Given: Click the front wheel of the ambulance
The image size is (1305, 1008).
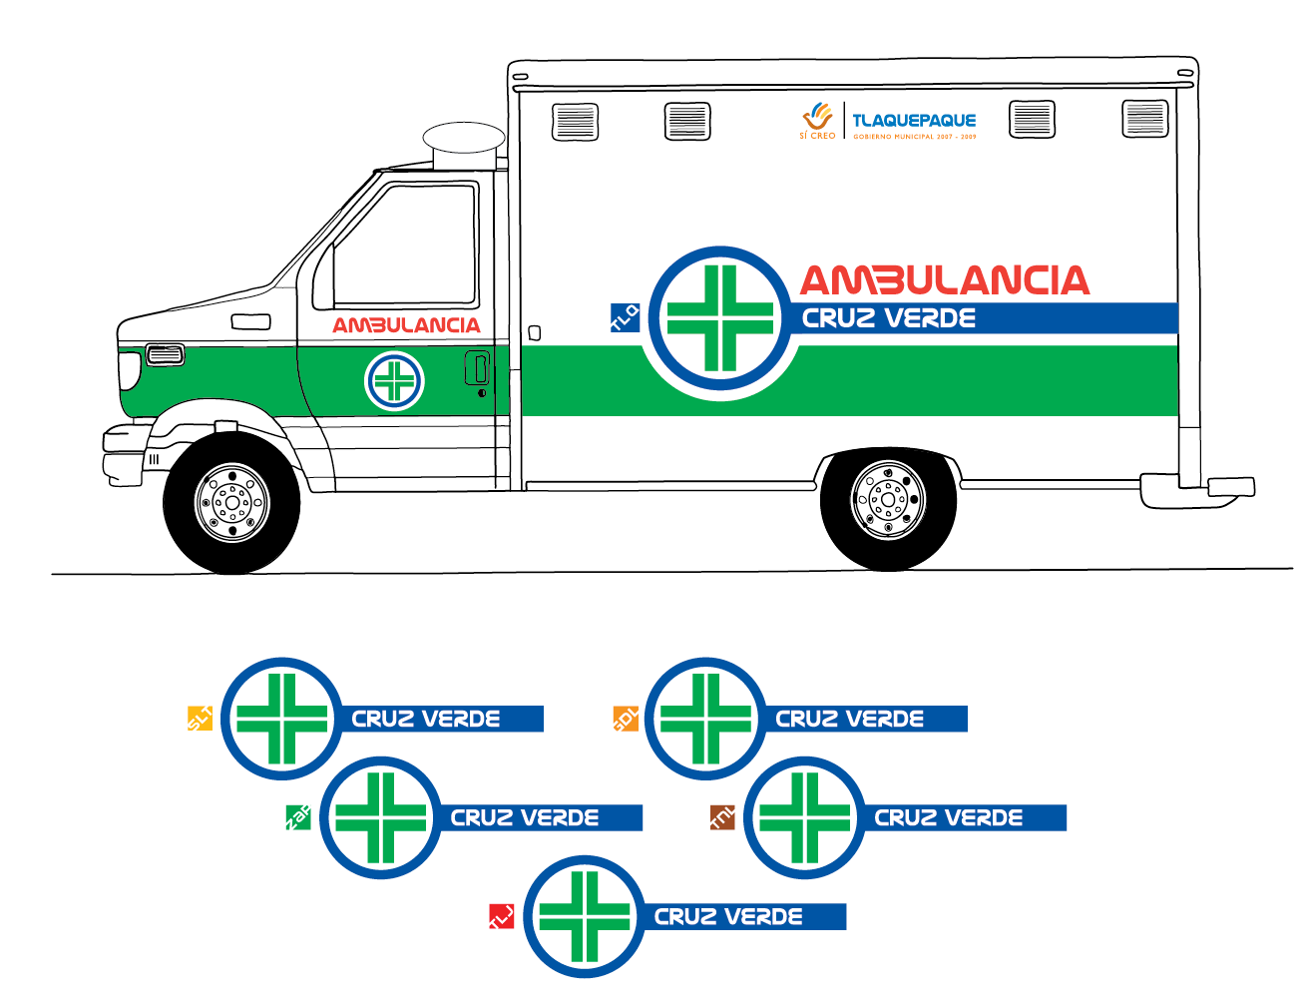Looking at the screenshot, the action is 232,503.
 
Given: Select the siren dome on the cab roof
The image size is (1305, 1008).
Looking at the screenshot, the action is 464,141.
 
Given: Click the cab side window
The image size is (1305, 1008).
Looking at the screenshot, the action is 404,246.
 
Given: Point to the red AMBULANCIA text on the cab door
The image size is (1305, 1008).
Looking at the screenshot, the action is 406,325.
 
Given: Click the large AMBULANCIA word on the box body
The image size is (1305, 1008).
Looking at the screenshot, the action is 944,280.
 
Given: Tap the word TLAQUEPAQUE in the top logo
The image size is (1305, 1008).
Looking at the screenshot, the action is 914,121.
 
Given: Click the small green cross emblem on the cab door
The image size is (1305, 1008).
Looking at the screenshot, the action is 395,380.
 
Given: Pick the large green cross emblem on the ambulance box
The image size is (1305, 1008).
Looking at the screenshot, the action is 720,318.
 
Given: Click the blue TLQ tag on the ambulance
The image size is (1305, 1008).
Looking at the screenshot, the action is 625,317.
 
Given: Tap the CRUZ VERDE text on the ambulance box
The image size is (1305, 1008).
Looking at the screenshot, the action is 889,318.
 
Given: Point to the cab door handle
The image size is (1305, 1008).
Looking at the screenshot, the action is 478,368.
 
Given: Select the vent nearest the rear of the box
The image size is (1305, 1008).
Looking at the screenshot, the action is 1144,119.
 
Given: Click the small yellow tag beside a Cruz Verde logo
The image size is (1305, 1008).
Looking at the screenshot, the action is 201,718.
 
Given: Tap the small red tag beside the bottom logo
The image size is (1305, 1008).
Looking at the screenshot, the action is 501,916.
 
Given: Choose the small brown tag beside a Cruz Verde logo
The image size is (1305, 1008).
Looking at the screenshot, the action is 721,817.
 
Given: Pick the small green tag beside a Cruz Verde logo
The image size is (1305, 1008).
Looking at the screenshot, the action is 297,817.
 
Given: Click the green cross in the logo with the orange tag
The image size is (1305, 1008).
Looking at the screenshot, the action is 705,719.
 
